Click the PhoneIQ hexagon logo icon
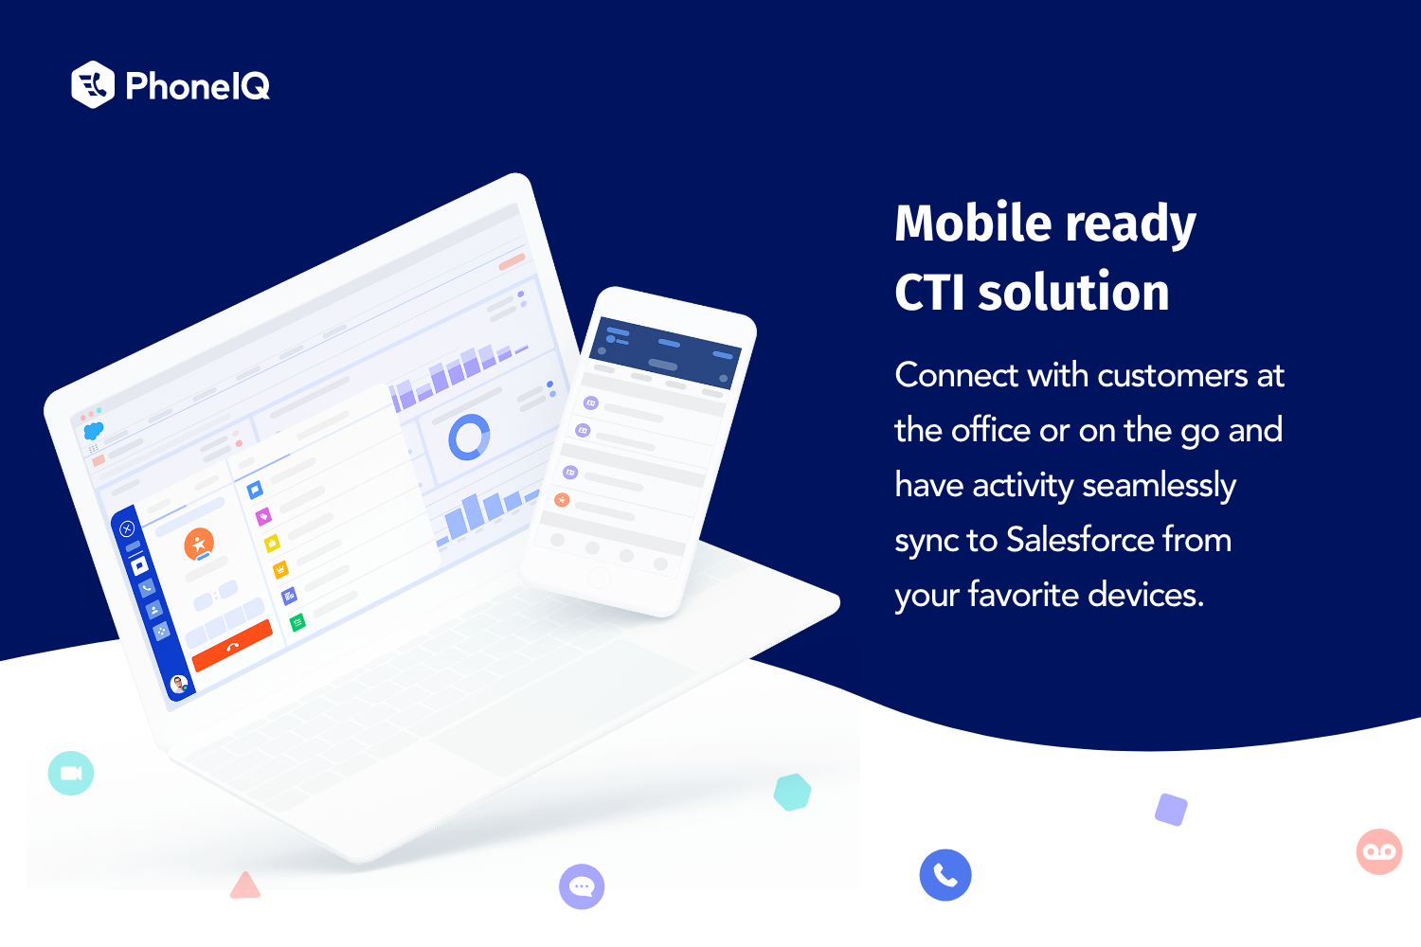[x=93, y=85]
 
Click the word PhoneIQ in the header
[x=198, y=86]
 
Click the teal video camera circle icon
[x=71, y=773]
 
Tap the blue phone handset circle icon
[x=945, y=874]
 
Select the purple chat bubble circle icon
[x=582, y=886]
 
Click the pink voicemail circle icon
[x=1379, y=851]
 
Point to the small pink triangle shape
[x=245, y=886]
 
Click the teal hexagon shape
[x=792, y=792]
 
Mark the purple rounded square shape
[x=1172, y=810]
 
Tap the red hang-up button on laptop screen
[x=232, y=645]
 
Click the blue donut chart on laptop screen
[x=469, y=438]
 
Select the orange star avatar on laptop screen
[x=199, y=544]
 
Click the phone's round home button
[x=599, y=579]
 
